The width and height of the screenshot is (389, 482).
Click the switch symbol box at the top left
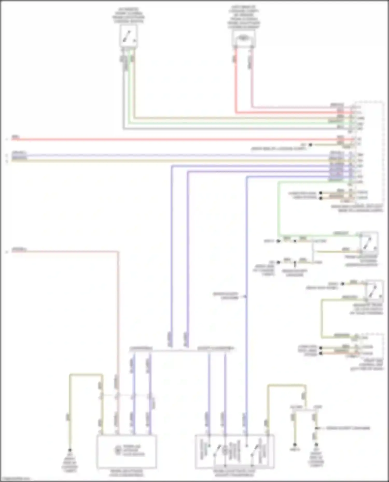[129, 36]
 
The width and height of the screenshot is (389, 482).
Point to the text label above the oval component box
[244, 17]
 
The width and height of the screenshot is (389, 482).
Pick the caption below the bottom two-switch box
[234, 473]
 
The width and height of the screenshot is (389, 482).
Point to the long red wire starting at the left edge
[156, 140]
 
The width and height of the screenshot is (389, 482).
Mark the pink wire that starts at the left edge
[65, 251]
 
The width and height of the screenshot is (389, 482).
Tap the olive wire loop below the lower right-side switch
[322, 319]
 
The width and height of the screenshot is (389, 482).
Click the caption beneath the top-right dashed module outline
[360, 208]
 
